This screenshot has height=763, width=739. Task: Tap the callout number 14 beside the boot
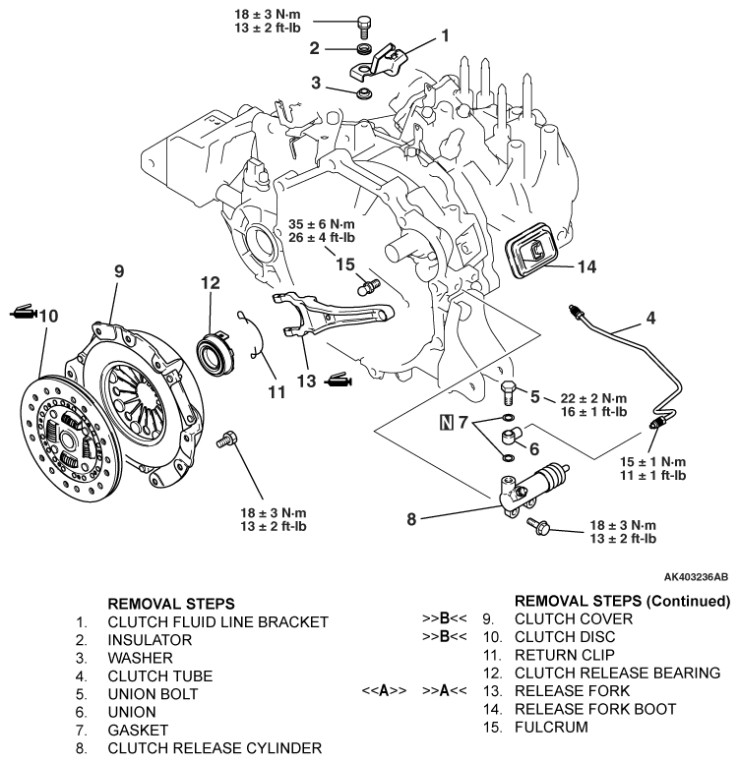pyautogui.click(x=586, y=266)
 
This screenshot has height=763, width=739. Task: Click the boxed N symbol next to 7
pyautogui.click(x=446, y=422)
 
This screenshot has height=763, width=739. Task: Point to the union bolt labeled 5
pyautogui.click(x=509, y=392)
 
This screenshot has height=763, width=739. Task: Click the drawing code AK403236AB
pyautogui.click(x=696, y=577)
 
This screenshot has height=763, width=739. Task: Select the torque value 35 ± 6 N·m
pyautogui.click(x=322, y=224)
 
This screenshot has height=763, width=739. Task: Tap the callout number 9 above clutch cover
pyautogui.click(x=119, y=271)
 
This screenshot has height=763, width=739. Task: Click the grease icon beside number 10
pyautogui.click(x=23, y=312)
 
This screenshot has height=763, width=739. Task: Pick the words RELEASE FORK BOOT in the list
pyautogui.click(x=595, y=709)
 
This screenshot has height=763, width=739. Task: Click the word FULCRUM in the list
pyautogui.click(x=551, y=727)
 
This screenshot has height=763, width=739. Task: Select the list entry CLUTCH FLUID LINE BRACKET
pyautogui.click(x=218, y=621)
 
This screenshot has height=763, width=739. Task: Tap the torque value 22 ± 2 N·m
pyautogui.click(x=593, y=398)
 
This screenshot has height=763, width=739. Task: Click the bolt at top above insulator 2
pyautogui.click(x=364, y=28)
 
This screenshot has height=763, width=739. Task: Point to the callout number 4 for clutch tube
pyautogui.click(x=650, y=319)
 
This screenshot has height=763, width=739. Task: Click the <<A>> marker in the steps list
pyautogui.click(x=384, y=691)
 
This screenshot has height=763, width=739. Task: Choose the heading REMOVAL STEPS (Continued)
pyautogui.click(x=623, y=601)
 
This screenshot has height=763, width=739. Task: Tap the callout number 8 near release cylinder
pyautogui.click(x=411, y=519)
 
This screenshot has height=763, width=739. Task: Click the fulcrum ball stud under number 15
pyautogui.click(x=368, y=286)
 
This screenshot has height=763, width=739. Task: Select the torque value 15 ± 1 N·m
pyautogui.click(x=652, y=462)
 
